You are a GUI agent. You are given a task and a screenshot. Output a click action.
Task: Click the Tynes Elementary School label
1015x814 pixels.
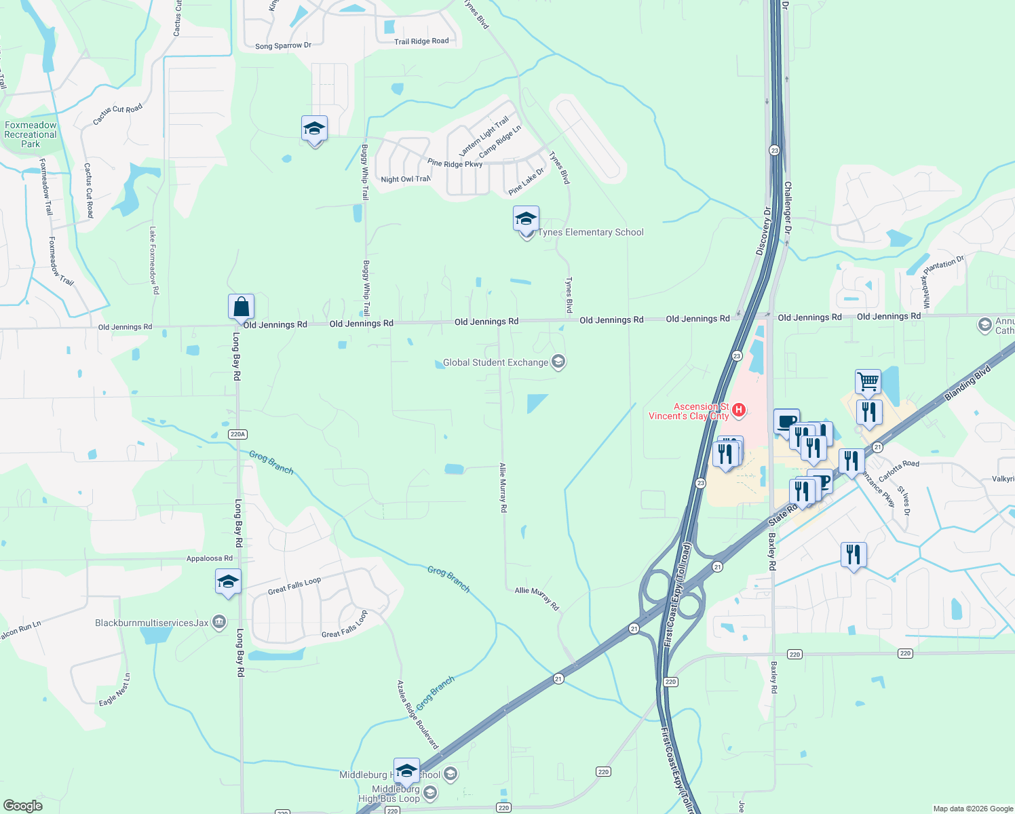(x=590, y=233)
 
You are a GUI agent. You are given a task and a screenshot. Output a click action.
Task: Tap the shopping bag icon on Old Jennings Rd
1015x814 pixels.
(x=241, y=307)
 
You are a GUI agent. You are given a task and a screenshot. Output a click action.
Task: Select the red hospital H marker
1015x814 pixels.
(x=740, y=410)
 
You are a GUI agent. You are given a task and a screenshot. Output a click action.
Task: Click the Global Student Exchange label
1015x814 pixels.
(x=495, y=363)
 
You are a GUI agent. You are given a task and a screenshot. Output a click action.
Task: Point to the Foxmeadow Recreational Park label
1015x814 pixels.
(x=31, y=134)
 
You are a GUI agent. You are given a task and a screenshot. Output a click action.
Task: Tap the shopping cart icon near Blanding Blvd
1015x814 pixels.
(x=868, y=383)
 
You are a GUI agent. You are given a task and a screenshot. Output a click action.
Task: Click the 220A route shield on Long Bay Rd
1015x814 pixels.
(x=237, y=434)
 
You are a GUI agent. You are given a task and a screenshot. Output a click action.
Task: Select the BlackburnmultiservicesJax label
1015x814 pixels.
(x=152, y=623)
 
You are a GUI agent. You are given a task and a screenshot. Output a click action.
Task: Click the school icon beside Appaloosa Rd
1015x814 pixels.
(x=228, y=582)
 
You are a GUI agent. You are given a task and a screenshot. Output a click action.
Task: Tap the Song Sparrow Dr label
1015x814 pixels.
(x=283, y=46)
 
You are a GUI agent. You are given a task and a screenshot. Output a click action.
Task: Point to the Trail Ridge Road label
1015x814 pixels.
(x=421, y=41)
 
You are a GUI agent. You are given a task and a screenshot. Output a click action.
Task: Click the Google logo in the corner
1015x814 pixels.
(x=23, y=806)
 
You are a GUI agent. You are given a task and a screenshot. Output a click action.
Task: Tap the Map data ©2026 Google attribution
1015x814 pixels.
(x=973, y=809)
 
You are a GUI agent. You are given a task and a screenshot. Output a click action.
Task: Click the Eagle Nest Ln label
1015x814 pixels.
(x=115, y=690)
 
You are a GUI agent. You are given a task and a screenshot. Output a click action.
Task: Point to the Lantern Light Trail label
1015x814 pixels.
(x=484, y=136)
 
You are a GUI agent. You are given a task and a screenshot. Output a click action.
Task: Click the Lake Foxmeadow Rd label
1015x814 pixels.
(x=154, y=260)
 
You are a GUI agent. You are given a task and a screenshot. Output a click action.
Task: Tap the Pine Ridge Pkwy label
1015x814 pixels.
(x=455, y=163)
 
